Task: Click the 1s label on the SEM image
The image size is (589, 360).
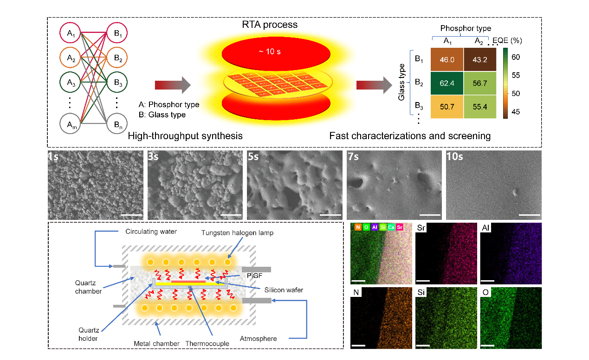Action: pyautogui.click(x=53, y=156)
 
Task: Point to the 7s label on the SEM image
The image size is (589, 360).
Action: pyautogui.click(x=353, y=156)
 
